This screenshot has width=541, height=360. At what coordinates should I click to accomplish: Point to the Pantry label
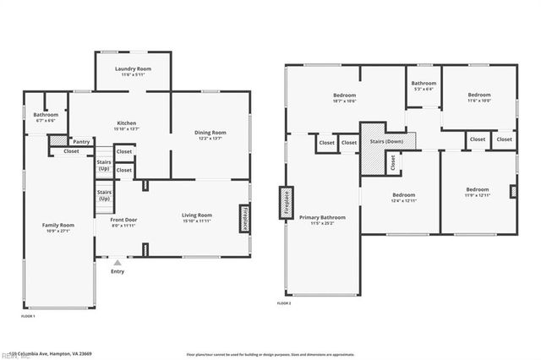click(81, 142)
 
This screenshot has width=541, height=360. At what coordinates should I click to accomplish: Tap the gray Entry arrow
click(117, 264)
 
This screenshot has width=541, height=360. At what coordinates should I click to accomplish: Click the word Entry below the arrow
click(117, 272)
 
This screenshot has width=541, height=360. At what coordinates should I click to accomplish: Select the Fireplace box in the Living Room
click(246, 218)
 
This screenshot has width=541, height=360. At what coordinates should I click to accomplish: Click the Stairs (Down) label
click(386, 141)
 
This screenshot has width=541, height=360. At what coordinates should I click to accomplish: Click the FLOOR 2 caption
click(284, 303)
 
